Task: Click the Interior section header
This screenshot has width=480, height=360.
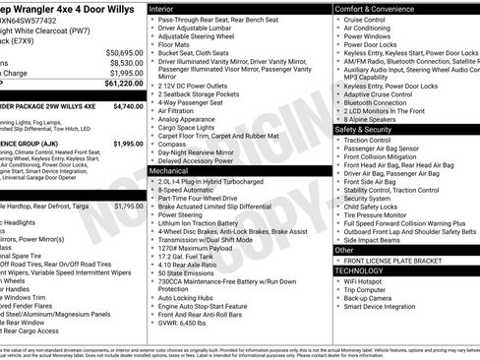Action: (x=168, y=8)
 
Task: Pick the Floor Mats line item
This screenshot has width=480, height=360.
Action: (x=177, y=43)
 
